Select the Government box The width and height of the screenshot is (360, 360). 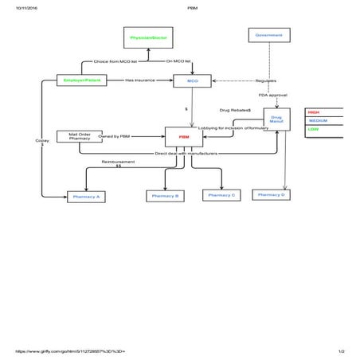268,35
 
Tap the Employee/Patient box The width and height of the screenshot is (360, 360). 81,80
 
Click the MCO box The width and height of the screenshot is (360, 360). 192,80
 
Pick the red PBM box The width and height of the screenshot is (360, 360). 184,137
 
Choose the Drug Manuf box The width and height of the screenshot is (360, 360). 276,119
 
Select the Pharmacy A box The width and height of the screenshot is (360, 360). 86,195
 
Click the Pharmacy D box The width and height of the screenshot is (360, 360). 272,194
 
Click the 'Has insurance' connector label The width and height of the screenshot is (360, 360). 139,80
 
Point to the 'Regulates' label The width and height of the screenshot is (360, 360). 265,80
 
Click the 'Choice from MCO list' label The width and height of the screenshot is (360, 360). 115,61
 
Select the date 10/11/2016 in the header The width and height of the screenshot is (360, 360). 16,7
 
